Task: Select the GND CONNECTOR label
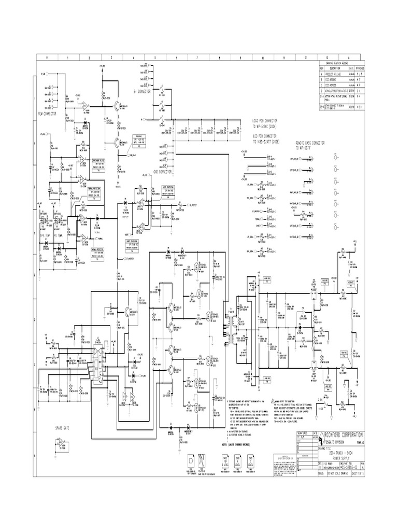coord(163,171)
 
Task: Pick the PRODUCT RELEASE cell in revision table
coord(334,74)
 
